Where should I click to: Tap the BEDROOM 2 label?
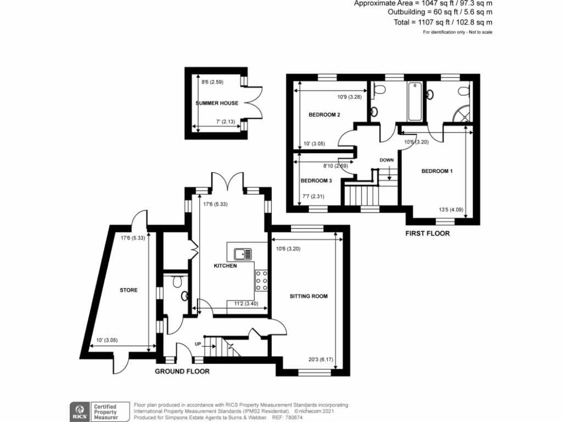click(324, 115)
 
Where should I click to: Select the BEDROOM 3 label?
click(316, 181)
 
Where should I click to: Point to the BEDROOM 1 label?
click(437, 171)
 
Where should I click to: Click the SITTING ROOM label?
click(308, 296)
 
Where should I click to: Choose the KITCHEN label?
click(225, 266)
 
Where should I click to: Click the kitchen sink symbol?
click(243, 254)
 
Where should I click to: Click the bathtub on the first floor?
click(414, 101)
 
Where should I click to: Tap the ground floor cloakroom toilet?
click(176, 282)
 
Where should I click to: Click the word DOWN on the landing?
click(386, 160)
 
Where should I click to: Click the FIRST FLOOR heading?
click(427, 234)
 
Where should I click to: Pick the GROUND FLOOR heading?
click(182, 371)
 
